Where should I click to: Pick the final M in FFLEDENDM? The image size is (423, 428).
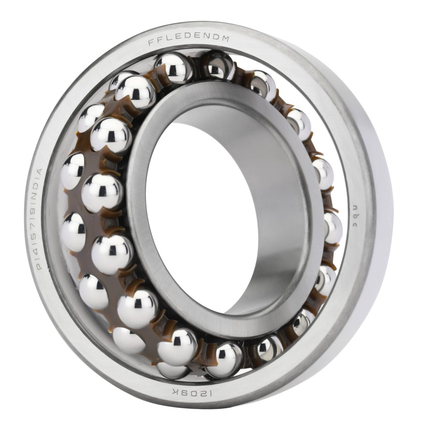pyautogui.click(x=226, y=39)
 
